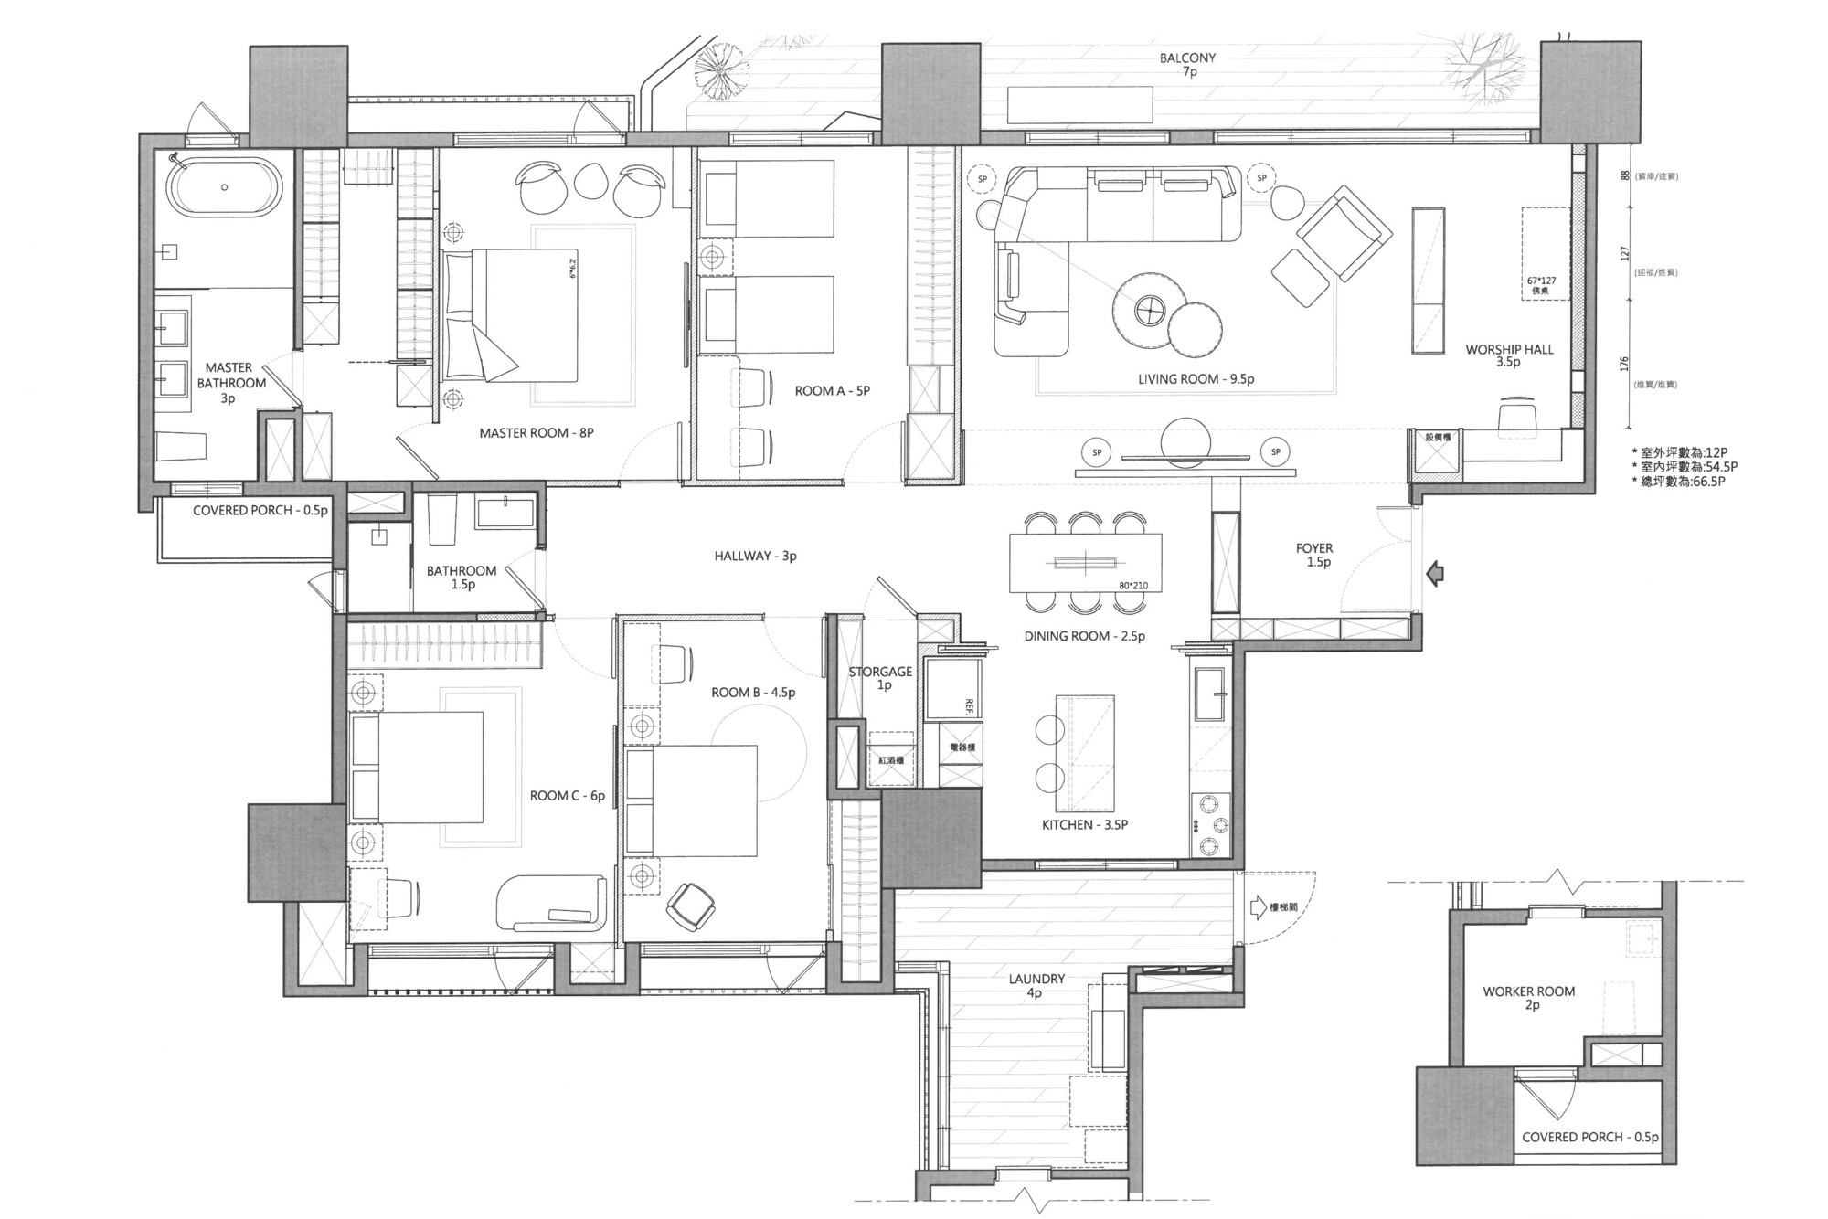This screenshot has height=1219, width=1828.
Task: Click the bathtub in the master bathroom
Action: tap(224, 188)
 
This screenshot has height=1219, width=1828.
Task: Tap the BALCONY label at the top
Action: tap(1187, 58)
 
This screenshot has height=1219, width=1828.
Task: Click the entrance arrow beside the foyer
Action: tap(1435, 574)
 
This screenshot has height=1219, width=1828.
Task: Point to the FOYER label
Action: tap(1314, 548)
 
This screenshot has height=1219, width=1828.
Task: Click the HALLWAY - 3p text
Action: tap(755, 556)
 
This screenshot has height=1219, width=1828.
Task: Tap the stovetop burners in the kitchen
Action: tap(1211, 824)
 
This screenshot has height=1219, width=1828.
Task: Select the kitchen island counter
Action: tap(1085, 753)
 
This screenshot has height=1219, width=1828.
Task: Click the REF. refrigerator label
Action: tap(968, 705)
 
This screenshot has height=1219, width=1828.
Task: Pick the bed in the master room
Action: tap(512, 315)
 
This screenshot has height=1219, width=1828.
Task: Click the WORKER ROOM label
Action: tap(1528, 991)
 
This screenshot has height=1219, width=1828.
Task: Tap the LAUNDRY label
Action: tap(1036, 979)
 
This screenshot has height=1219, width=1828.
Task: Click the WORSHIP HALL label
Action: tap(1509, 349)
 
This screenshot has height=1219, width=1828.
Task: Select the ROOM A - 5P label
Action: tap(832, 391)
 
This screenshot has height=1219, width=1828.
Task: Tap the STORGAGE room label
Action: tap(880, 672)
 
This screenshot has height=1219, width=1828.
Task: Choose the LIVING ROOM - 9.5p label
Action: tap(1196, 379)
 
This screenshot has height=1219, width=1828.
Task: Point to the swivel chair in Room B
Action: tap(691, 906)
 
